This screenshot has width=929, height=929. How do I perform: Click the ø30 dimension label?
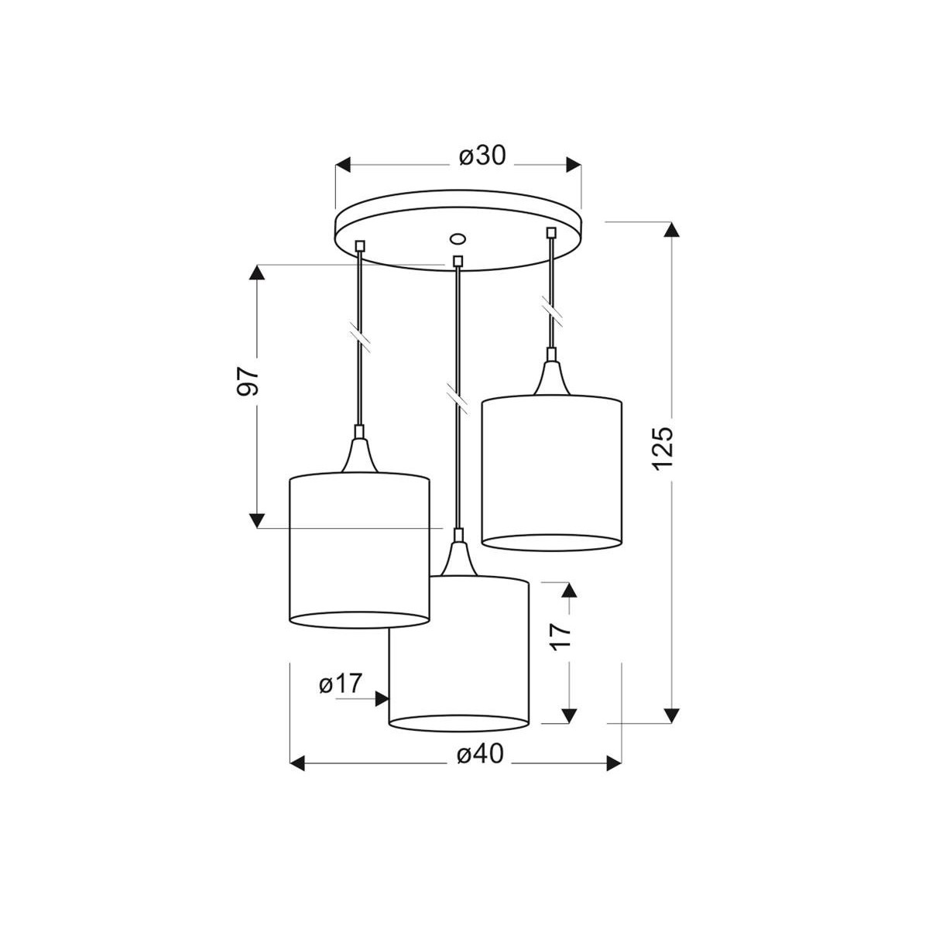tap(482, 156)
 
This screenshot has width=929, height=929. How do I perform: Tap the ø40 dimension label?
tap(480, 754)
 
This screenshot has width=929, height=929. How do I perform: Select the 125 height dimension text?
tap(663, 448)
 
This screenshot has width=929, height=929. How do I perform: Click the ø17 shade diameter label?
tap(340, 684)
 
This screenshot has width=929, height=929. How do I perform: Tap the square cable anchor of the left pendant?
tap(359, 246)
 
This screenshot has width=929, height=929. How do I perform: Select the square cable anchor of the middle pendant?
tap(458, 261)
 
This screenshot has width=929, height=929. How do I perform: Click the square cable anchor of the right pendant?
tap(551, 231)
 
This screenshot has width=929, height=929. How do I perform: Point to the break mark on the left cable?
tap(360, 334)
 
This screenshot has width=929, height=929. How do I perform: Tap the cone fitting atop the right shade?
tap(551, 379)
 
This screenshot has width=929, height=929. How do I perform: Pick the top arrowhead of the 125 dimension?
tap(672, 230)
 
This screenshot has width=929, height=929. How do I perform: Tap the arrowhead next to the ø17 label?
tap(381, 699)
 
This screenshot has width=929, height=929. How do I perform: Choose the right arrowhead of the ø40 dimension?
tap(614, 764)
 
